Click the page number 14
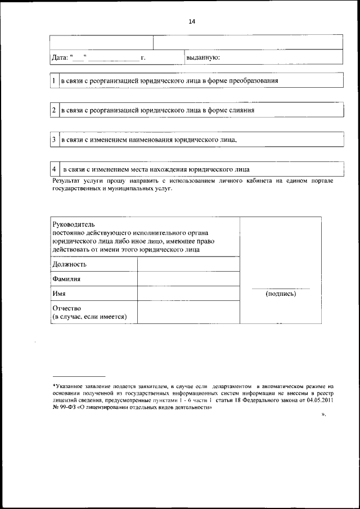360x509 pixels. click(192, 21)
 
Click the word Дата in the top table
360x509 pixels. click(59, 58)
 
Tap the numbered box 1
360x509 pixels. click(53, 81)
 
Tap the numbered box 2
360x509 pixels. click(53, 110)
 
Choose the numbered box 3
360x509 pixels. click(53, 139)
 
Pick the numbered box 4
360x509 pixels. click(53, 169)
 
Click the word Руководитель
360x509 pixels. click(74, 224)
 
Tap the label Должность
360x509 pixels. click(69, 264)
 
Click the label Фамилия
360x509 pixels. click(66, 278)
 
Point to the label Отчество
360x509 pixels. click(67, 308)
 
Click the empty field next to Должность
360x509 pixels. click(188, 264)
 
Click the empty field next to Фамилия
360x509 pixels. click(188, 278)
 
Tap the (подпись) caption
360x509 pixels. click(281, 294)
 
